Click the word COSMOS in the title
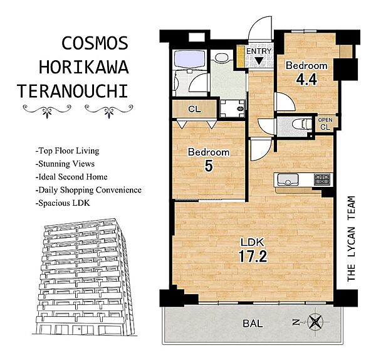coord(95,43)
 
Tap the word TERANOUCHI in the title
coord(73,91)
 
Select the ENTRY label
coord(259,51)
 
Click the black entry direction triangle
coord(258,61)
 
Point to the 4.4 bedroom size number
coord(306,79)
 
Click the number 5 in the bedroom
coord(209,166)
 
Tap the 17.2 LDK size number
coord(253,257)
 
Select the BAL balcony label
coord(253,324)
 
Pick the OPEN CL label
coord(325,124)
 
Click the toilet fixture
coord(302,124)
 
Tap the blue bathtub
coord(189,59)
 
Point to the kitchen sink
coord(288,180)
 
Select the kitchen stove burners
coord(322,179)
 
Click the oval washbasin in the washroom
coord(222,57)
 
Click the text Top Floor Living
coord(67,151)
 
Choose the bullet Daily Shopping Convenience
coord(88,190)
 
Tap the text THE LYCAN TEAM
coord(351,239)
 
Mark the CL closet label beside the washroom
coord(194,109)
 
